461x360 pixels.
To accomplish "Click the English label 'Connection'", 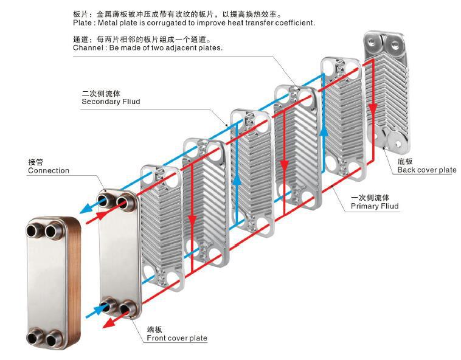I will [x=49, y=171].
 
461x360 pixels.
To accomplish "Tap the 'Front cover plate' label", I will [x=177, y=338].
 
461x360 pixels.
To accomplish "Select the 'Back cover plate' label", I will [x=427, y=170].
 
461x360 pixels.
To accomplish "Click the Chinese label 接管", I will [x=36, y=162].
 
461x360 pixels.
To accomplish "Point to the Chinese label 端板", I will [x=154, y=330].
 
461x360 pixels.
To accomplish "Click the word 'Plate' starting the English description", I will [x=83, y=22].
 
